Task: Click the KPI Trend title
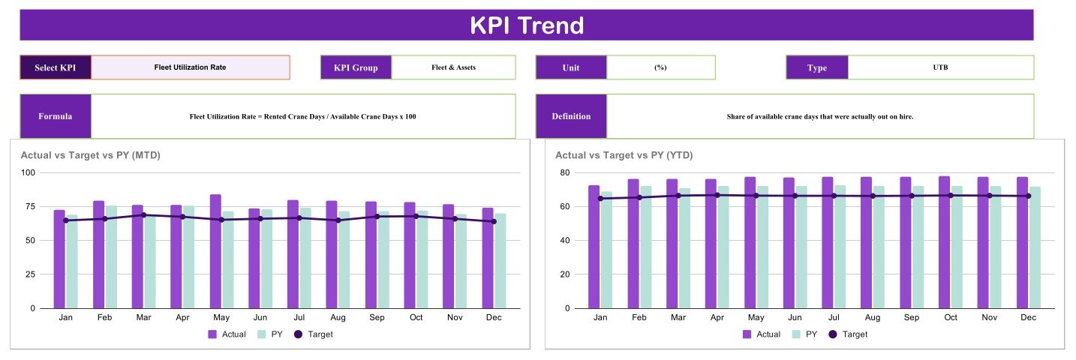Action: point(527,25)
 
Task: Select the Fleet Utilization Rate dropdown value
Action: point(191,67)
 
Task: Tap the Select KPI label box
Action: point(56,67)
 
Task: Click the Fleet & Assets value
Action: point(453,67)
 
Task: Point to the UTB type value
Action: point(940,67)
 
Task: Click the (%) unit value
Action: point(660,67)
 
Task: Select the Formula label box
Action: point(56,116)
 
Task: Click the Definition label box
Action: point(571,116)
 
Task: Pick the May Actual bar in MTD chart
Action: point(215,251)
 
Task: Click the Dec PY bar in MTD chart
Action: point(500,261)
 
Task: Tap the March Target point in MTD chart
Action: point(143,215)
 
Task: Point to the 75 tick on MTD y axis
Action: point(30,206)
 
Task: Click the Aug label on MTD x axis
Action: point(338,317)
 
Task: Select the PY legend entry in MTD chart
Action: point(270,334)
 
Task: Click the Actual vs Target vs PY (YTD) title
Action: point(624,155)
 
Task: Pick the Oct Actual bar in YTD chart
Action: point(945,242)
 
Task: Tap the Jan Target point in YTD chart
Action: point(600,198)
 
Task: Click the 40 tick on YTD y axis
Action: point(564,240)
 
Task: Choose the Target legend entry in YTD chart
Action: point(849,334)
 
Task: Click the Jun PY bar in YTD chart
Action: point(801,247)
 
